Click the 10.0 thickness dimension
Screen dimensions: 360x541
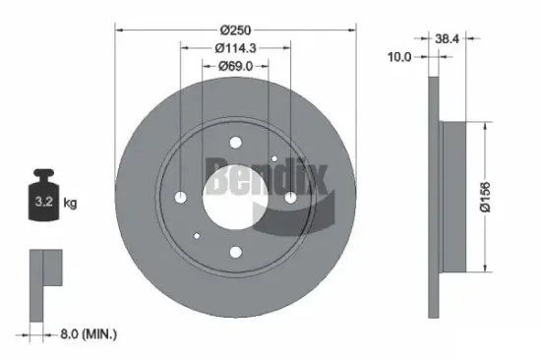(398, 57)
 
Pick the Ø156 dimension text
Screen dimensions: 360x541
(500, 198)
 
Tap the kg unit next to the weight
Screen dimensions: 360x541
(70, 204)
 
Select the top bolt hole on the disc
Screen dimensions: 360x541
(235, 142)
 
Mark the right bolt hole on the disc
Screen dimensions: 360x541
(291, 199)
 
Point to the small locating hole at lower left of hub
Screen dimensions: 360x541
(198, 236)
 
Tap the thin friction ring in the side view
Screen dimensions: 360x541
(434, 197)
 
